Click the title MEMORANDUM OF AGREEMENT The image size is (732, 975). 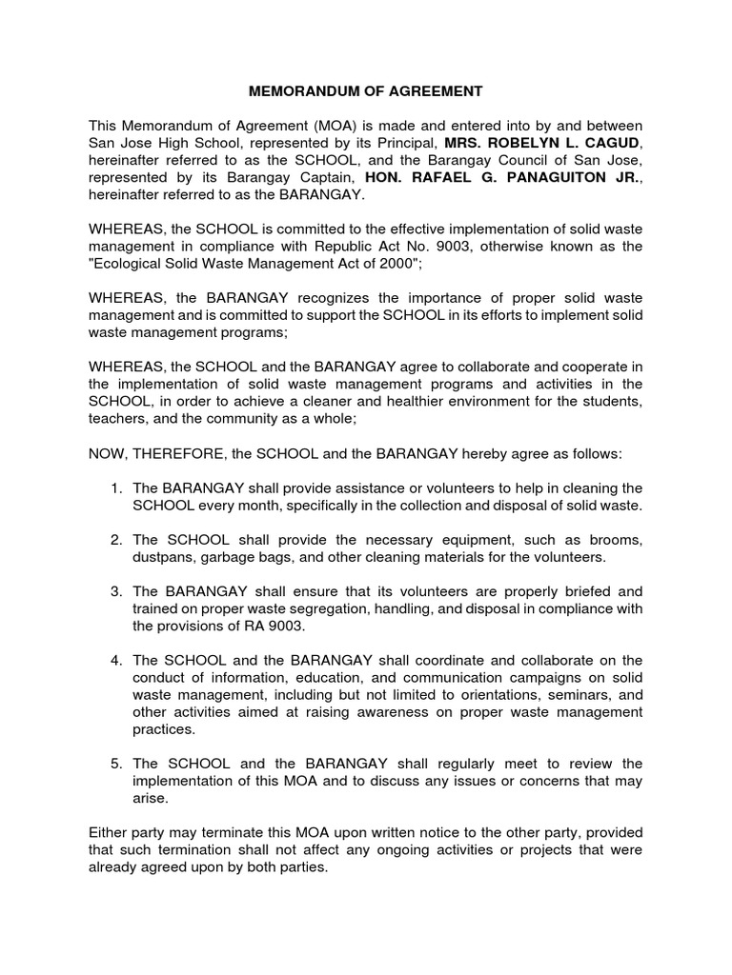[x=366, y=91]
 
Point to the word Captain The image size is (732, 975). [x=320, y=177]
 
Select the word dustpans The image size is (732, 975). [x=162, y=557]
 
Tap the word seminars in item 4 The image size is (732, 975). [x=576, y=694]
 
